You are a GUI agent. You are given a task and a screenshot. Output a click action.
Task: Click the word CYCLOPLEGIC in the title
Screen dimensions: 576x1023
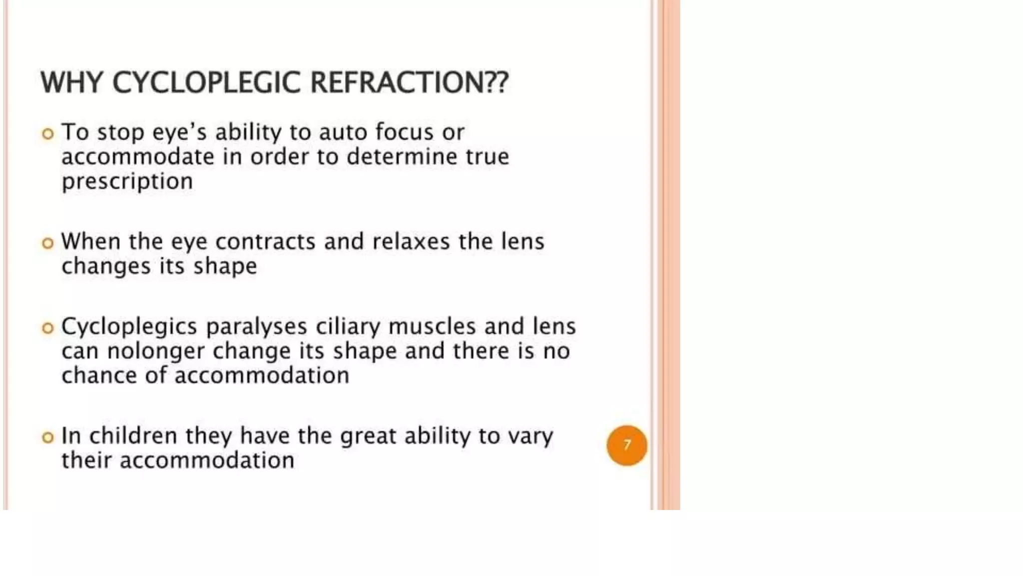206,82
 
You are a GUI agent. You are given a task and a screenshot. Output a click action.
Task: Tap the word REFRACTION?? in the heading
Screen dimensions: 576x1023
409,82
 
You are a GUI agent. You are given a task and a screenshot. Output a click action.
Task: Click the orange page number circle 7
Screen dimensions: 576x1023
626,445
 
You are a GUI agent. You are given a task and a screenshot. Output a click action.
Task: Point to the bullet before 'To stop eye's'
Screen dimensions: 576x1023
48,134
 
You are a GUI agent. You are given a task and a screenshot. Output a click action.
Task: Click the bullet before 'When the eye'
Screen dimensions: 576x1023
48,243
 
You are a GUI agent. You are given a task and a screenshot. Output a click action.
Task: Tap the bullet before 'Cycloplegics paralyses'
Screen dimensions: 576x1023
48,328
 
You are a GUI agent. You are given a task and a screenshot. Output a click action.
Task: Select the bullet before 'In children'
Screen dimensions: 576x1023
48,437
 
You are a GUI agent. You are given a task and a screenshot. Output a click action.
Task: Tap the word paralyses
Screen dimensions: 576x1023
256,327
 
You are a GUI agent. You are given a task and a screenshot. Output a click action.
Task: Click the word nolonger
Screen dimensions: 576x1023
156,351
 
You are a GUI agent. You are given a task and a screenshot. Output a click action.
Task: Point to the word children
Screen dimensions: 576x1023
133,436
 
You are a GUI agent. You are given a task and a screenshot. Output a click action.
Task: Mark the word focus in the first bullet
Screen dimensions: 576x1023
404,132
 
